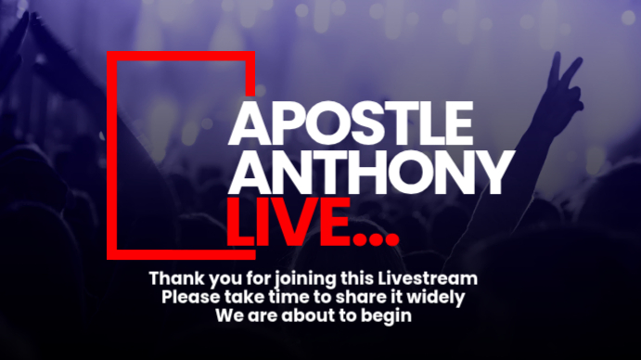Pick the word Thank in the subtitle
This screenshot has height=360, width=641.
click(173, 278)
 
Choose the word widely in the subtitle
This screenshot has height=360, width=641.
click(432, 297)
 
